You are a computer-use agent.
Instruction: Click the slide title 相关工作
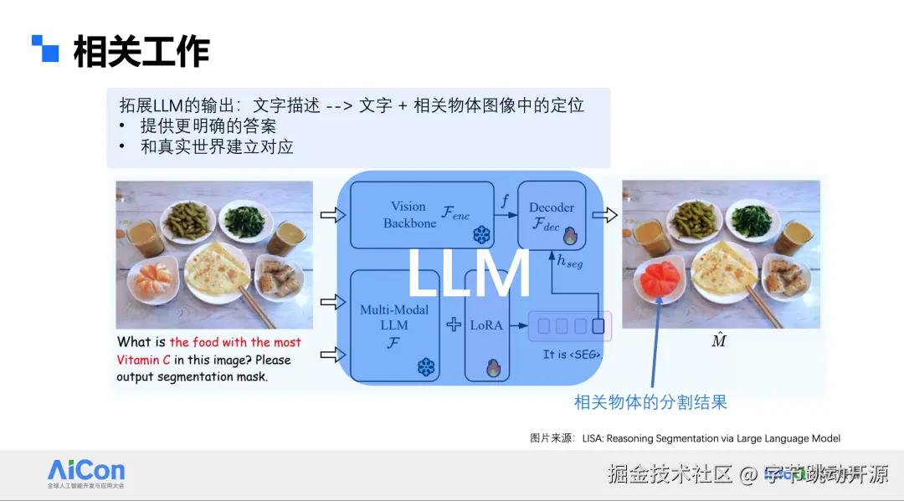pos(141,52)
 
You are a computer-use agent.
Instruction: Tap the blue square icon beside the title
pos(46,49)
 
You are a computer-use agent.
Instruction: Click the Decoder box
pos(552,215)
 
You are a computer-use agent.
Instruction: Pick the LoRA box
pos(486,325)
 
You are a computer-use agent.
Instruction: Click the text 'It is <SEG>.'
pos(573,355)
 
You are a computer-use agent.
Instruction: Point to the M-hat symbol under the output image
pos(717,340)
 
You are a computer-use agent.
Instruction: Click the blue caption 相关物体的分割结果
pos(650,402)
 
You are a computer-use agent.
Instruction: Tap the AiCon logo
pos(86,470)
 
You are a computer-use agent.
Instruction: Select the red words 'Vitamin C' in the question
pos(145,360)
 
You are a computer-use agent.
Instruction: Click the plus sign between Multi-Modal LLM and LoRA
pos(454,325)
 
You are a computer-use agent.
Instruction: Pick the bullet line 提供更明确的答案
pos(208,126)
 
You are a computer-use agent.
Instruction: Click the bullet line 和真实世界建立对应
pos(216,146)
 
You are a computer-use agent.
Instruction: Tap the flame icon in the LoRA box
pos(494,366)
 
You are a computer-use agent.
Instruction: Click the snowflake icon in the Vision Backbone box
pos(482,234)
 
